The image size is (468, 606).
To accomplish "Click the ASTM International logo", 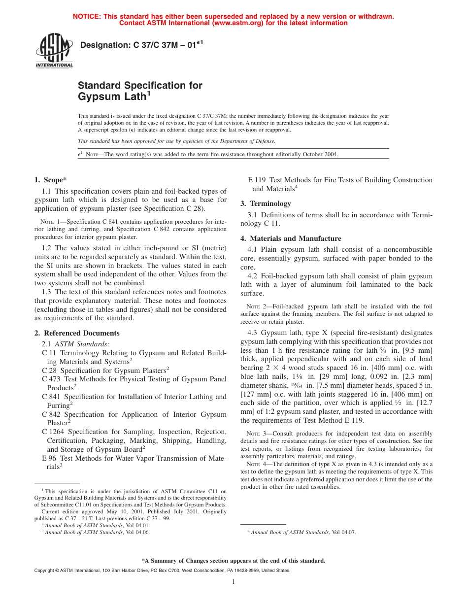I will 54,51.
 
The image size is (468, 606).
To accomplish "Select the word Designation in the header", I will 103,45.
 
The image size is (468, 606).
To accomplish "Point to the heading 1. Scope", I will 51,180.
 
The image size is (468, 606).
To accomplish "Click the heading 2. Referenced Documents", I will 77,333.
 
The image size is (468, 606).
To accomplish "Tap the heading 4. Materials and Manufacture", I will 291,238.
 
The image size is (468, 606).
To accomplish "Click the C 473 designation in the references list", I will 50,379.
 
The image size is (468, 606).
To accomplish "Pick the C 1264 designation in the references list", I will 52,432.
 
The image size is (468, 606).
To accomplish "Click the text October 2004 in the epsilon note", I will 322,154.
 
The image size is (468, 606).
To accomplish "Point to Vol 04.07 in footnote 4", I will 343,532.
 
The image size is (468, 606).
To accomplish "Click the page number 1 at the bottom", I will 234,582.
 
